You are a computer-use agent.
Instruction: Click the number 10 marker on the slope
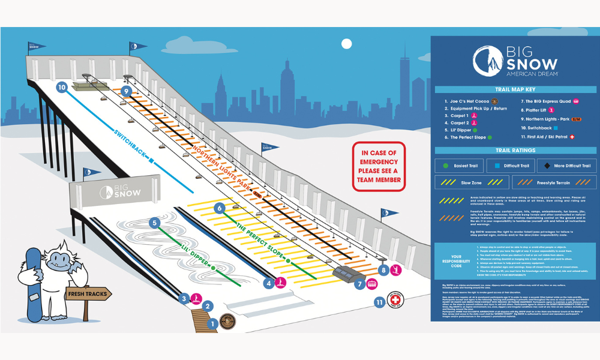coord(62,87)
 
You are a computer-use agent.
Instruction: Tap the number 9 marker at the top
coord(125,91)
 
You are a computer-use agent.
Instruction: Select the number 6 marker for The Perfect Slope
coord(220,208)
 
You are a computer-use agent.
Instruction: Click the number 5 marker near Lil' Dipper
coord(155,223)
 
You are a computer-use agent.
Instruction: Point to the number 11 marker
coord(379,302)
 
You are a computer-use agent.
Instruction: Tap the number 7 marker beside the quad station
coord(360,284)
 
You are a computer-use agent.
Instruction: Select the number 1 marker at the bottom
coord(212,324)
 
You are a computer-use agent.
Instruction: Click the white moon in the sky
coord(346,43)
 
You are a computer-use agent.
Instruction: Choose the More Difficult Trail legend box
coord(565,165)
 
